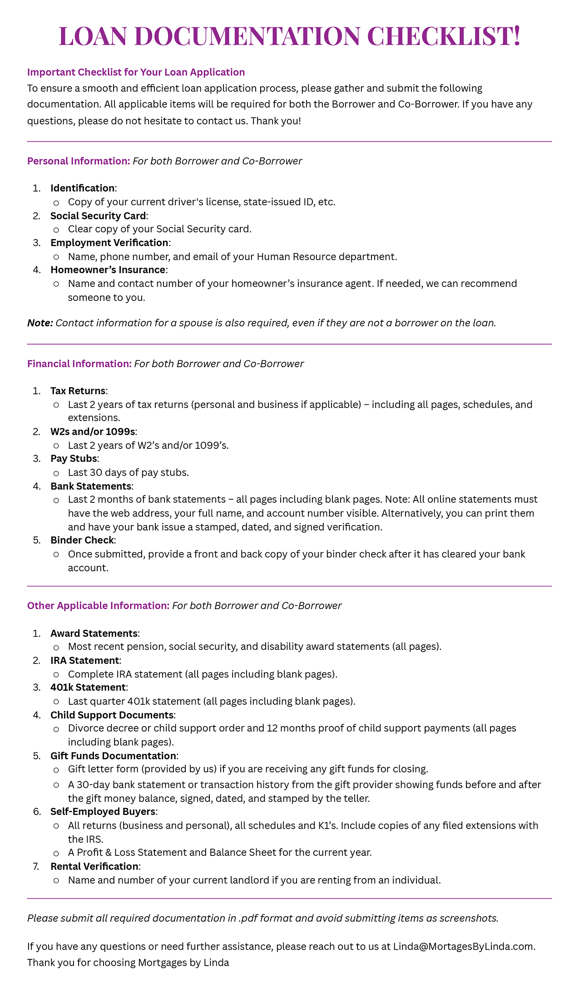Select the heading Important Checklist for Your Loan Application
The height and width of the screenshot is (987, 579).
[136, 72]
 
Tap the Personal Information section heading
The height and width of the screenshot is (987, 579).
[79, 161]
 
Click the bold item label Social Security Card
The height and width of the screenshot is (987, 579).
[98, 216]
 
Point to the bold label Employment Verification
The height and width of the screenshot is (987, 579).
[109, 243]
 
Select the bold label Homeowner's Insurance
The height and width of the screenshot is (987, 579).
[108, 270]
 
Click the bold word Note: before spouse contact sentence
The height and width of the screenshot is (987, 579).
[40, 323]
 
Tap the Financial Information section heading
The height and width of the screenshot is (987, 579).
[79, 364]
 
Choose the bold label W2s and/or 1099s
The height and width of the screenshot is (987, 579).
[93, 432]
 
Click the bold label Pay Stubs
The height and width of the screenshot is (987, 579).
[74, 459]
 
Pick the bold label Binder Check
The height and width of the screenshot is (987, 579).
[82, 540]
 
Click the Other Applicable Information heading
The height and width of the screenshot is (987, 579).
[98, 606]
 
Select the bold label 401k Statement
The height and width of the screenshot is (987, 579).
[88, 687]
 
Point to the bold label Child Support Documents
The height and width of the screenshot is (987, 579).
[112, 715]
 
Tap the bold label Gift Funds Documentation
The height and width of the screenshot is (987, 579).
[113, 756]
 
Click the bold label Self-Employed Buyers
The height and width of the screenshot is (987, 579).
[103, 811]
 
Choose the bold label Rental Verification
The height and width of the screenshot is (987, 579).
[94, 866]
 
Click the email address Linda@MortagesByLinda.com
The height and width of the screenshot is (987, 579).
[464, 947]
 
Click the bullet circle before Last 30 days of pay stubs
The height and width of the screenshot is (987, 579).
[56, 473]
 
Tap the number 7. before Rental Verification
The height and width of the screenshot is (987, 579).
[36, 866]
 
